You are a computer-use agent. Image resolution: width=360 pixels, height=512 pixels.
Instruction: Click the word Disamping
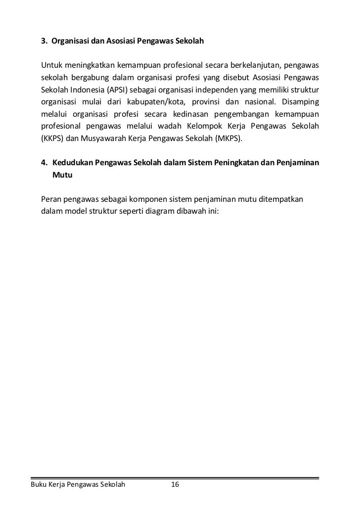299,102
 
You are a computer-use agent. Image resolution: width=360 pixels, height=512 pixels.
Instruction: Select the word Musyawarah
103,139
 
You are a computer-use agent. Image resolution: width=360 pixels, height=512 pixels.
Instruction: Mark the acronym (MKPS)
228,139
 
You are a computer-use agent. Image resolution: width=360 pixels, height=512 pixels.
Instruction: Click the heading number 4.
44,163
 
